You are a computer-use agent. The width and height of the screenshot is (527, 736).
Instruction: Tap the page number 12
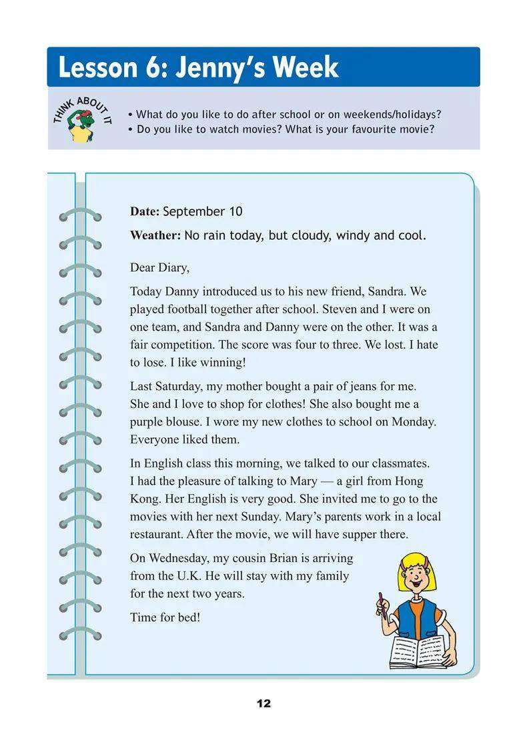[x=263, y=704]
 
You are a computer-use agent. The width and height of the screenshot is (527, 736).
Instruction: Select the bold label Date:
[x=145, y=212]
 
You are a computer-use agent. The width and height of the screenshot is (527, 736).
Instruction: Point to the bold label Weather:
[x=155, y=235]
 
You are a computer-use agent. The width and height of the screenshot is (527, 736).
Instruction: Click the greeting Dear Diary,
[x=160, y=268]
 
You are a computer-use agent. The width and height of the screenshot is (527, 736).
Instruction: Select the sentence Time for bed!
[x=165, y=617]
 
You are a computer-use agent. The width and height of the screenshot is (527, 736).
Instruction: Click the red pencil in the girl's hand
[x=382, y=604]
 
